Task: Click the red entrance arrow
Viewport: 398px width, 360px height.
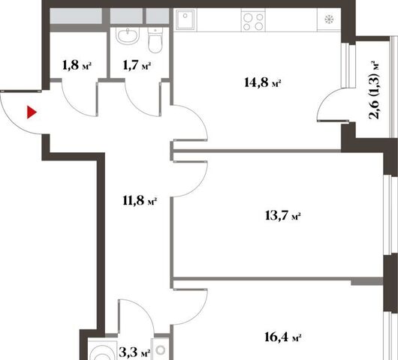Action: pos(32,112)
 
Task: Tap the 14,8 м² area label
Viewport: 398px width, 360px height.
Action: pos(263,82)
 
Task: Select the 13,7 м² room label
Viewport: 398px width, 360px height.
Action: pos(283,216)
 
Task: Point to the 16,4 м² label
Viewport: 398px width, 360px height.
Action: pos(283,337)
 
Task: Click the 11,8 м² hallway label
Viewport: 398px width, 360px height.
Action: pos(140,201)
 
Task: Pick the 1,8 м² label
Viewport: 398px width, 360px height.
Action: pos(77,65)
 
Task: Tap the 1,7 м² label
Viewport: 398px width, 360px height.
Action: pos(137,66)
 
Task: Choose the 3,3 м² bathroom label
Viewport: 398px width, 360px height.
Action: pos(134,352)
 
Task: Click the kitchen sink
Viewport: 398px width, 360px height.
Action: pos(185,19)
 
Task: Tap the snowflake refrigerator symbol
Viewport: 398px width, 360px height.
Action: pos(329,19)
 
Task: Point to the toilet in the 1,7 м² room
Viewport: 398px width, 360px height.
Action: pos(155,40)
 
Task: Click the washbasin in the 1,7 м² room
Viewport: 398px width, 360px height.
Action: pos(128,36)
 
